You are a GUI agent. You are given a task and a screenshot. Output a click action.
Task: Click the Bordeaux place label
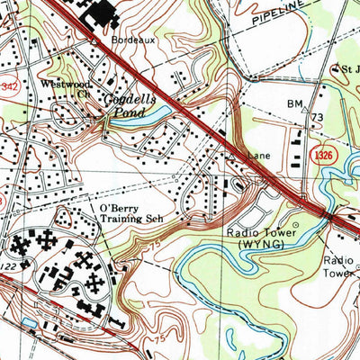coord(128,41)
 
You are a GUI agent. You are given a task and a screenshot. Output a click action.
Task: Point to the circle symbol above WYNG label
coord(294,225)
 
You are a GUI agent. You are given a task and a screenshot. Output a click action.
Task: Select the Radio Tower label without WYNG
coord(341,266)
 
